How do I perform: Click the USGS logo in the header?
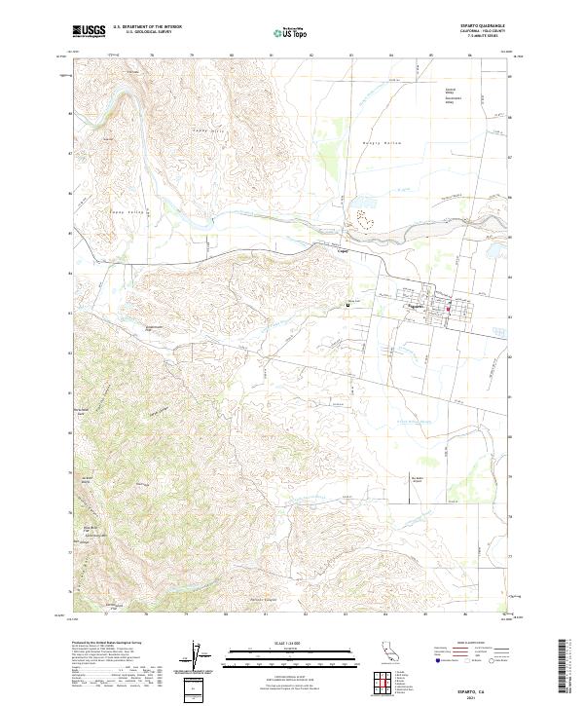(89, 31)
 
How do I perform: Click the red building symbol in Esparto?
(448, 311)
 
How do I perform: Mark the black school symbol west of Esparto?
(347, 306)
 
